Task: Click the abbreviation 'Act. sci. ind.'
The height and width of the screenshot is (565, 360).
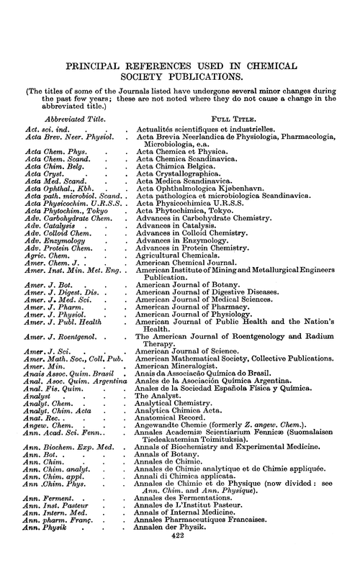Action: [x=43, y=127]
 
